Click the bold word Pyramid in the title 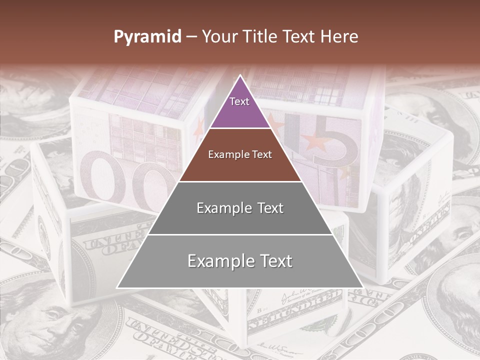[147, 36]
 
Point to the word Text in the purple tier [239, 101]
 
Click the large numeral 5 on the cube [340, 155]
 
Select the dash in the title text [191, 36]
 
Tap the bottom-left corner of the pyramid [118, 287]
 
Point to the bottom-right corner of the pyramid [362, 287]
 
